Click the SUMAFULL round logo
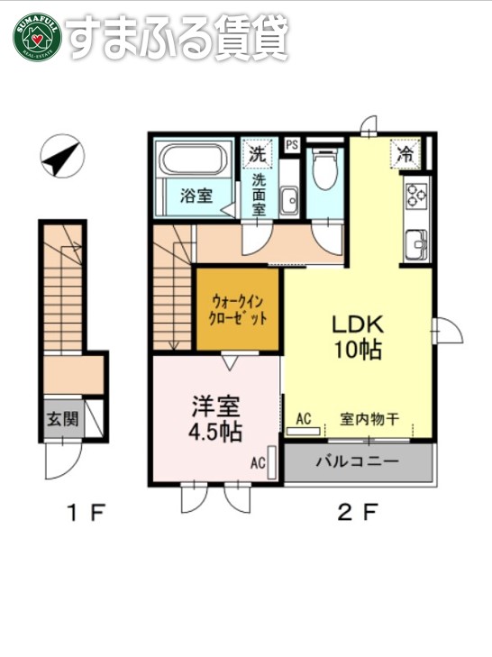tap(36, 36)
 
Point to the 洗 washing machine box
tap(258, 153)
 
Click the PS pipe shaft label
tap(291, 144)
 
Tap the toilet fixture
tap(323, 169)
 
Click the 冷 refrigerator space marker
tap(406, 153)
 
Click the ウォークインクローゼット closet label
tap(240, 310)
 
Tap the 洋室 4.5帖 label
tap(214, 419)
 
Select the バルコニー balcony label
tap(357, 463)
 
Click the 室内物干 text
tap(369, 418)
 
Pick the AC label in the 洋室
tap(258, 464)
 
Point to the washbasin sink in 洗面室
tap(289, 200)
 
